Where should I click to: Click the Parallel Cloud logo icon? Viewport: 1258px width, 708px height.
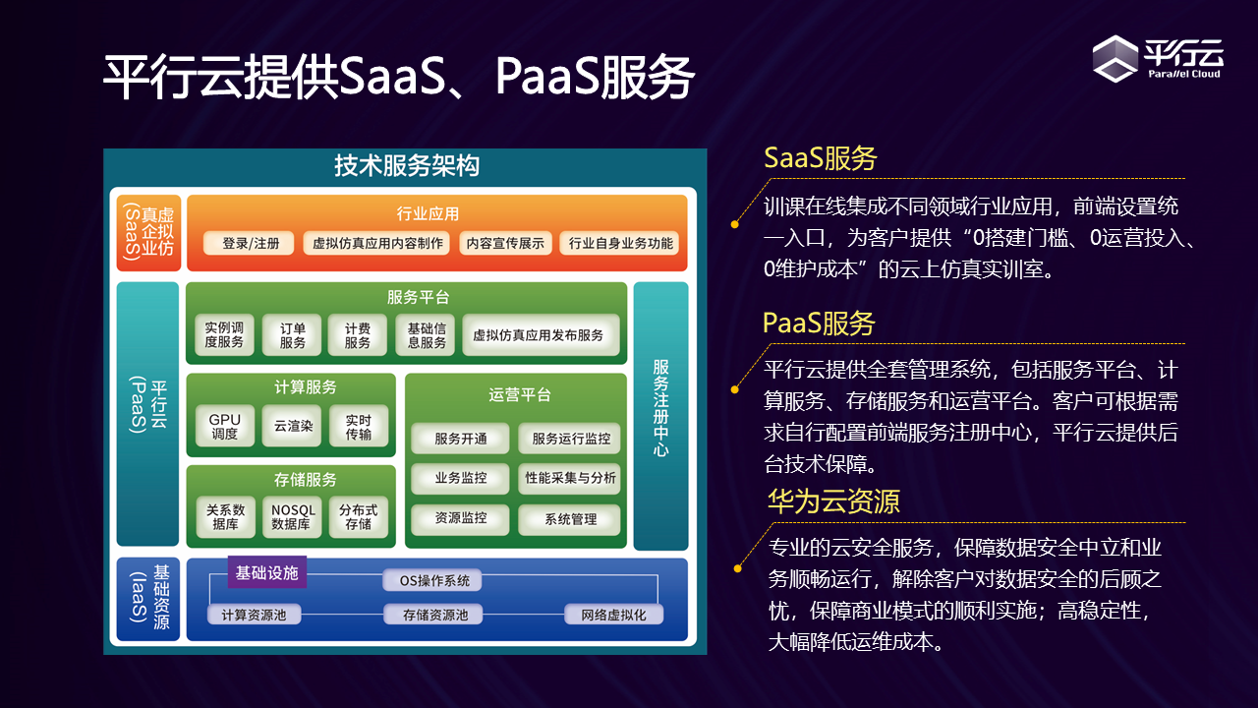(1115, 58)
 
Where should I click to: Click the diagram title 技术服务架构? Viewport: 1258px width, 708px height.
(406, 166)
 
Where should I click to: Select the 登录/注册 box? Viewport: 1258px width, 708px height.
(250, 243)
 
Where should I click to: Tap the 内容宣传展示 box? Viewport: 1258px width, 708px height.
(505, 243)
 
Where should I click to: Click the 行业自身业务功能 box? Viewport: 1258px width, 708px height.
(620, 243)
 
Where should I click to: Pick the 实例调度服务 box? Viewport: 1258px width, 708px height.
(224, 335)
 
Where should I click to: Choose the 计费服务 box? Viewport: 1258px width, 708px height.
(358, 335)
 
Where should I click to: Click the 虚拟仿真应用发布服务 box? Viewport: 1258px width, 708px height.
(539, 335)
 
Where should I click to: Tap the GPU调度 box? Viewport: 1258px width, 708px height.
(225, 426)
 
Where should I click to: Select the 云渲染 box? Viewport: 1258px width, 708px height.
(292, 426)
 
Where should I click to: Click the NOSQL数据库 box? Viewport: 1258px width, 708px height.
(292, 517)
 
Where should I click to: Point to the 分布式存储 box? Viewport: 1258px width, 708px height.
(358, 517)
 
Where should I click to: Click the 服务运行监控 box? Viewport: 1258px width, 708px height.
(570, 439)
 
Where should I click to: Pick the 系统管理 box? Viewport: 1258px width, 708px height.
(570, 519)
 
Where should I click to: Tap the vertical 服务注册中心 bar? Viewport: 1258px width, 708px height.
(660, 415)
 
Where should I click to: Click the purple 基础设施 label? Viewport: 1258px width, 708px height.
(266, 572)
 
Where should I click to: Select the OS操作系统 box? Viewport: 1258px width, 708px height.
(433, 580)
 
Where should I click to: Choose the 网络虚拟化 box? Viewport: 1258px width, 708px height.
(613, 615)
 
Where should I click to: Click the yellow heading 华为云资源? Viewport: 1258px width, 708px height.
(833, 501)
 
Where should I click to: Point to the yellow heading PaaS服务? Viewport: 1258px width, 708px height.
(819, 323)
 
